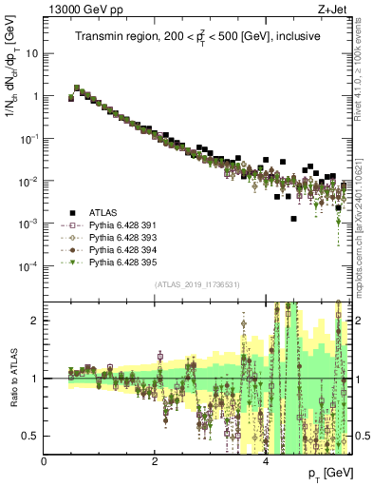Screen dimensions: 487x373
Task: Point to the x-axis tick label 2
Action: [155, 461]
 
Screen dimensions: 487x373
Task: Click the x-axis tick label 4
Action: [266, 461]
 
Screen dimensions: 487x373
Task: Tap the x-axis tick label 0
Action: [44, 461]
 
